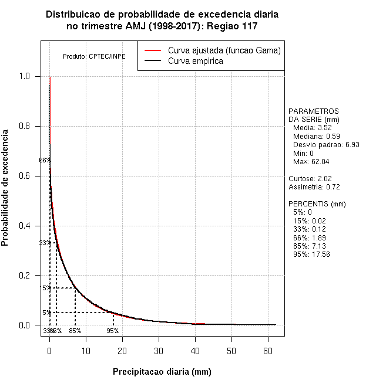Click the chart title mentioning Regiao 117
click(x=162, y=27)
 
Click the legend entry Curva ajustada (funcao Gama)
click(x=224, y=50)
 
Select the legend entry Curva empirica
click(x=195, y=61)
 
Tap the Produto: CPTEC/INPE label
click(x=94, y=56)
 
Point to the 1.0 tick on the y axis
click(x=25, y=76)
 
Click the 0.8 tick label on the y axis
click(x=25, y=126)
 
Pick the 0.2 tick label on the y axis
click(x=25, y=276)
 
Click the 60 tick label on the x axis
click(x=267, y=351)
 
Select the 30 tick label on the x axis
click(x=159, y=351)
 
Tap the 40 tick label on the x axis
click(x=195, y=351)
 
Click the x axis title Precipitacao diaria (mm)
click(x=162, y=372)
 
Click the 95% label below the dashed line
click(x=112, y=331)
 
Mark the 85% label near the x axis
click(x=75, y=331)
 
